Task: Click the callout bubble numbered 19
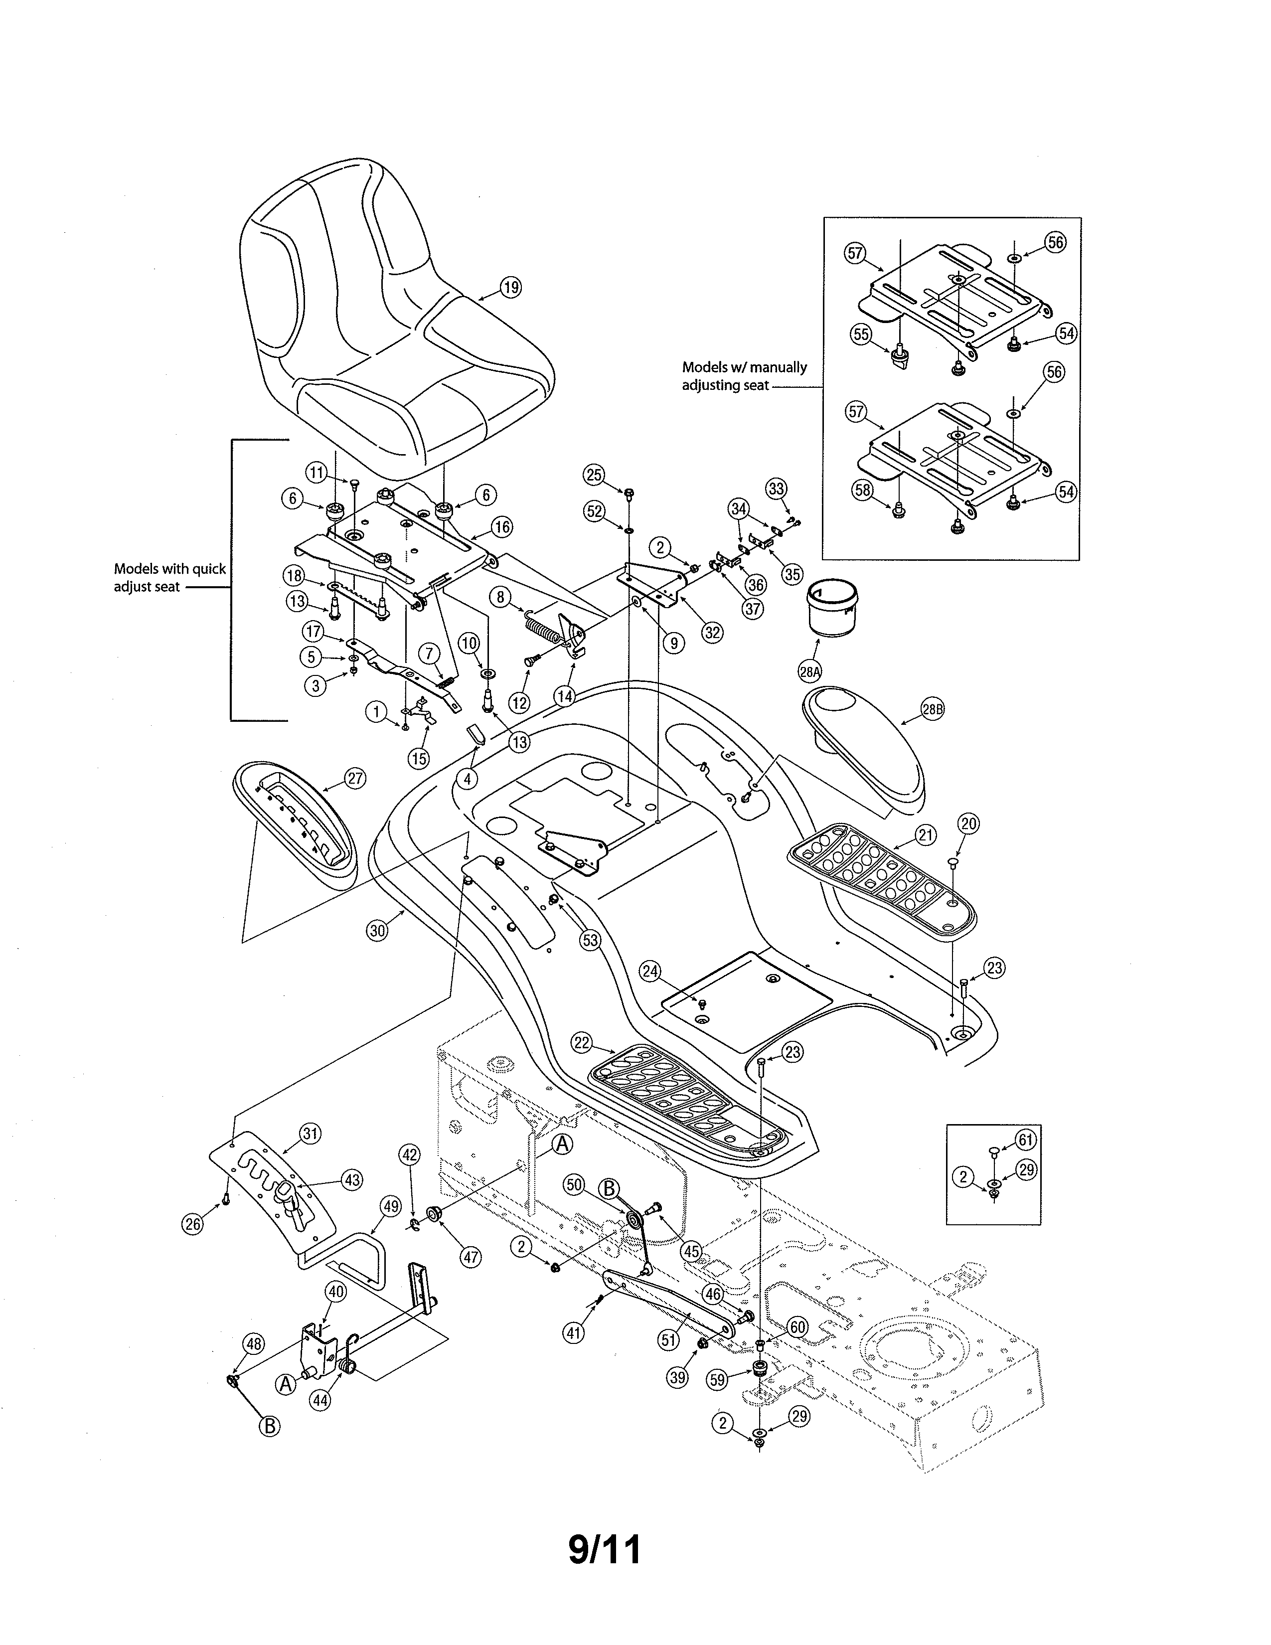click(x=510, y=287)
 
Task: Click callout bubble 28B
click(x=932, y=709)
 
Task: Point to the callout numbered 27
click(x=355, y=779)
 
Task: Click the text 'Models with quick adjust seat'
click(x=169, y=578)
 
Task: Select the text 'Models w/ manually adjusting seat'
click(x=744, y=376)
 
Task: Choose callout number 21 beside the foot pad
click(x=926, y=834)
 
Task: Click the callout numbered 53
click(x=590, y=940)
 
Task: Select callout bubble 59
click(x=718, y=1380)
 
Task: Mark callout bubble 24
click(x=650, y=972)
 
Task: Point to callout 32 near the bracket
click(x=712, y=632)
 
